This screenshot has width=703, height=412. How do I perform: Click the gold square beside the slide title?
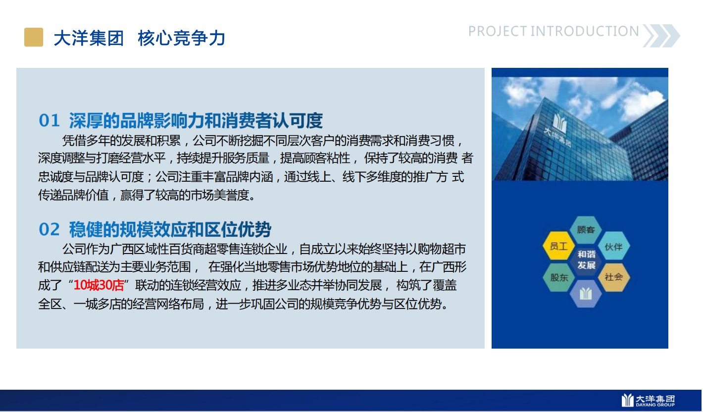tap(34, 37)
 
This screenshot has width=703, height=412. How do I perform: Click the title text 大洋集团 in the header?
tap(89, 38)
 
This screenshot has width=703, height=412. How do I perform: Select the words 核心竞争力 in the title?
tap(181, 38)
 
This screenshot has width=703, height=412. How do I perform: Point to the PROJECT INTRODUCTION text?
tap(553, 31)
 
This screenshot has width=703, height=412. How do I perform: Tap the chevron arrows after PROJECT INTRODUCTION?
tap(661, 36)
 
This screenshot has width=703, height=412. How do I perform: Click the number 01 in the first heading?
tap(50, 120)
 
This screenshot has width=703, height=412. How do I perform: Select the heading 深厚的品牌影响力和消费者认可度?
tap(196, 120)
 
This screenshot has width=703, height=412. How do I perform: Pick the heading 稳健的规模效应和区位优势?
tap(170, 229)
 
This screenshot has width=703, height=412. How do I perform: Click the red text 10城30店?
tap(99, 285)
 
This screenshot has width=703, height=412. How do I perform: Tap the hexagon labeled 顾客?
tap(586, 230)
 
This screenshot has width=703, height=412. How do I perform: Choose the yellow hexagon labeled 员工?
tap(558, 246)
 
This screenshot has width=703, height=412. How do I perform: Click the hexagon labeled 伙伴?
tap(613, 246)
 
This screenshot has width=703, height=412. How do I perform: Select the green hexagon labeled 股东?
tap(558, 277)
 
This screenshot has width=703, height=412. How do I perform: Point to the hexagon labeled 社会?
tap(613, 277)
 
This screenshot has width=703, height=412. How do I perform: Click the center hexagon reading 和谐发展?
tap(586, 260)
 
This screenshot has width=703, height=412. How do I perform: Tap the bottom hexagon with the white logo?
tap(586, 294)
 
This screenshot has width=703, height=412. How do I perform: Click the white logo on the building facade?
tap(560, 124)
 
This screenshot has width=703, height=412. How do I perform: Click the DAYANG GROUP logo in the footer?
tap(648, 401)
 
